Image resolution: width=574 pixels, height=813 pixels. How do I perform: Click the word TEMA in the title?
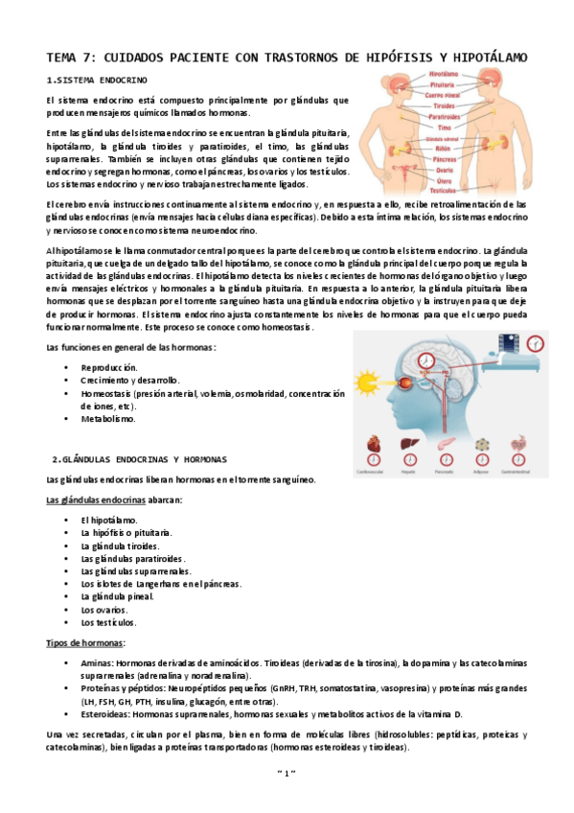(64, 58)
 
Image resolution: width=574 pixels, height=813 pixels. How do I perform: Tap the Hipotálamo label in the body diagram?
(442, 74)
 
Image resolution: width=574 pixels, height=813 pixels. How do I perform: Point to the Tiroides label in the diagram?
(441, 106)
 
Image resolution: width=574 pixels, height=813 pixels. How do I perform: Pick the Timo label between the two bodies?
(442, 128)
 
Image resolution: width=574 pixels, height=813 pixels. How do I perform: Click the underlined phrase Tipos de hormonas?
(86, 642)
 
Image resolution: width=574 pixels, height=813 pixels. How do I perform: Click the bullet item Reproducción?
(109, 367)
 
